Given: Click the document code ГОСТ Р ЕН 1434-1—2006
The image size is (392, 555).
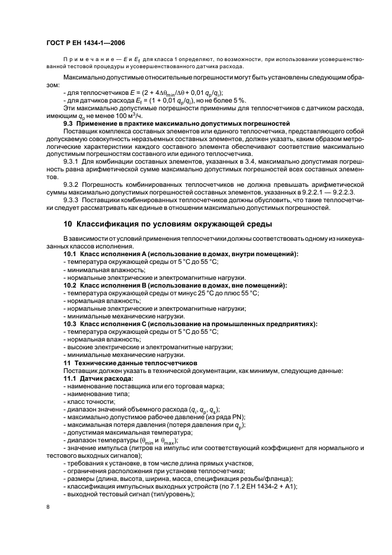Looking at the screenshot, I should tap(84, 43).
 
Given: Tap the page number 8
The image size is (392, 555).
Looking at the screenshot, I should tap(48, 506).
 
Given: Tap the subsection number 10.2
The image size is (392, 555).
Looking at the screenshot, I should tap(70, 285).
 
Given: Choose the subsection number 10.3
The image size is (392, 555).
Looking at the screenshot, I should tap(70, 324).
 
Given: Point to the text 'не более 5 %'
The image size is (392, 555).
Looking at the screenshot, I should tap(243, 101).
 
